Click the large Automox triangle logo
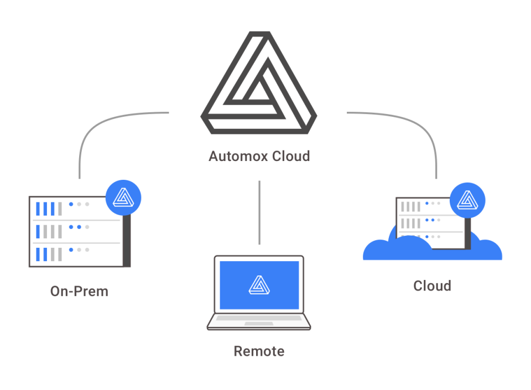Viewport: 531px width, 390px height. pyautogui.click(x=258, y=83)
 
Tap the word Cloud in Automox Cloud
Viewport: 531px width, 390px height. pyautogui.click(x=290, y=157)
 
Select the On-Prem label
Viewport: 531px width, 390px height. pyautogui.click(x=79, y=291)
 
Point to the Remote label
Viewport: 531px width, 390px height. pyautogui.click(x=258, y=351)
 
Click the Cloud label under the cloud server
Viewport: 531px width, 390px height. pyautogui.click(x=432, y=286)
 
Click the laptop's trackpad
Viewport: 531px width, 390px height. pyautogui.click(x=258, y=323)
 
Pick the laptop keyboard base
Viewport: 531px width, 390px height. pyautogui.click(x=258, y=320)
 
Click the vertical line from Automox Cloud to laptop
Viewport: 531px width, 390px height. pyautogui.click(x=259, y=213)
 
